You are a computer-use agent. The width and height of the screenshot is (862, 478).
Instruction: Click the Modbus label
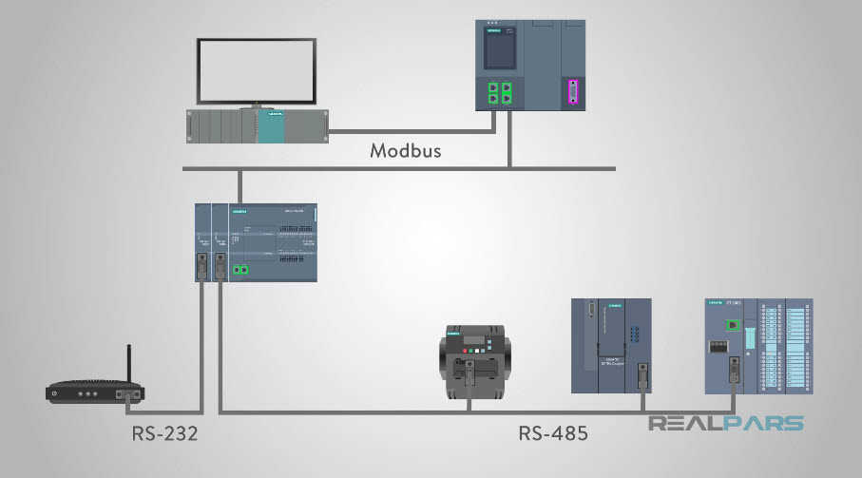pos(406,151)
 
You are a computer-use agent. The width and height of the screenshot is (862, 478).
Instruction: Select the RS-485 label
pos(552,433)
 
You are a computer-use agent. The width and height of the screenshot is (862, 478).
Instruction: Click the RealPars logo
pos(726,424)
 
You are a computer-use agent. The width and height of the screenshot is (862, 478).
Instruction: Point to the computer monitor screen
pos(256,72)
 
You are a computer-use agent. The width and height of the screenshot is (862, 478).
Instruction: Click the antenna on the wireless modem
pos(129,364)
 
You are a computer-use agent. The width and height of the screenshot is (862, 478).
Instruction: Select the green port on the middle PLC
pos(241,271)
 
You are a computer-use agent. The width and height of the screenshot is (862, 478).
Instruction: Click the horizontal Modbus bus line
pos(399,169)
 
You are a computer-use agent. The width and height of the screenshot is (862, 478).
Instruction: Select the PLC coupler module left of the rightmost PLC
pos(611,346)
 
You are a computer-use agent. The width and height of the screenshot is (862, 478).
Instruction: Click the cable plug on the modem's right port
pos(125,394)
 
